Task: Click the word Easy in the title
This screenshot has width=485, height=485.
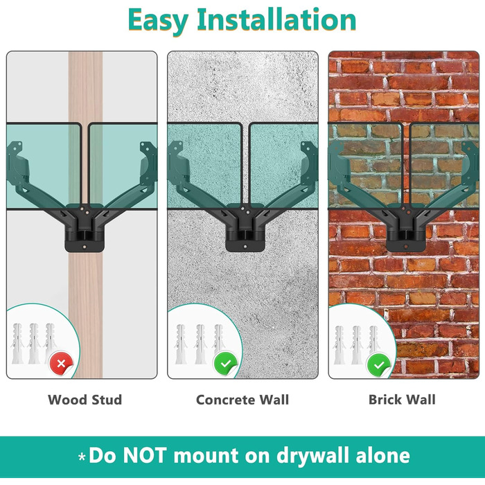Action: click(x=158, y=21)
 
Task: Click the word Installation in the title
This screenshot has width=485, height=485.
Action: click(x=277, y=19)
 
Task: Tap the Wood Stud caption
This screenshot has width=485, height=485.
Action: click(x=85, y=400)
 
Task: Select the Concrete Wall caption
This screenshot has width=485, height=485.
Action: click(x=242, y=400)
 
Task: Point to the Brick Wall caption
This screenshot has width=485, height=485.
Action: click(x=402, y=399)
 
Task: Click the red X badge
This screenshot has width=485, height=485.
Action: click(x=61, y=364)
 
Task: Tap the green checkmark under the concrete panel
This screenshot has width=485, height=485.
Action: click(x=225, y=364)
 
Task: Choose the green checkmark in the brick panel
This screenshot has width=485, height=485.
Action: click(x=379, y=365)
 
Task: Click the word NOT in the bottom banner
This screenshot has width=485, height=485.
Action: click(x=145, y=456)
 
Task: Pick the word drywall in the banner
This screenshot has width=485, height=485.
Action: click(x=313, y=457)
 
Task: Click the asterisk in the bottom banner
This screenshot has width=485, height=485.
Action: click(x=82, y=457)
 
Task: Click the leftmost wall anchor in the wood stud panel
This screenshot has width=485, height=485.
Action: click(x=17, y=344)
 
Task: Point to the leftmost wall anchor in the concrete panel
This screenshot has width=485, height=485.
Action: click(x=181, y=344)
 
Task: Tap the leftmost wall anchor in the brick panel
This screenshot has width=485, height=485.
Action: click(x=339, y=345)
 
